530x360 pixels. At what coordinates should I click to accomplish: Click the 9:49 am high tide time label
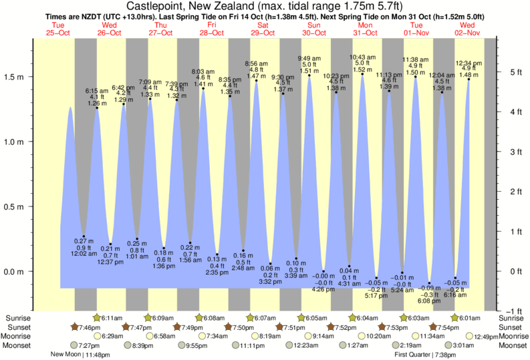[309, 58]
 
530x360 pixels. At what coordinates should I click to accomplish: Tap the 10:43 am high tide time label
[362, 57]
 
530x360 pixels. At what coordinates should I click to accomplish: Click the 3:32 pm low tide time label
[270, 282]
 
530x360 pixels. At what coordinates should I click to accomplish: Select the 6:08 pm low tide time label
[430, 301]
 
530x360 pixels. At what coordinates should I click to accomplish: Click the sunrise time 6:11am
[112, 318]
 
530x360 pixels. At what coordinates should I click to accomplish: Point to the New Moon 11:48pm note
[76, 355]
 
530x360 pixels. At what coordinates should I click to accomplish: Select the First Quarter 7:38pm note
[428, 355]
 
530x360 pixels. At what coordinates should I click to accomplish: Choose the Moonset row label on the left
[17, 345]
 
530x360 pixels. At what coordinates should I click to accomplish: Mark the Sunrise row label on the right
[513, 318]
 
